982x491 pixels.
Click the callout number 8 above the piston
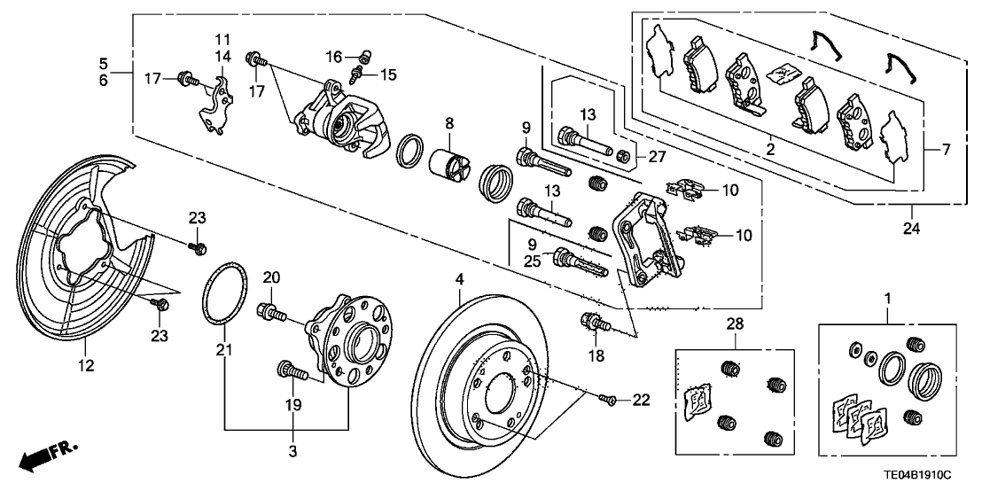point(449,123)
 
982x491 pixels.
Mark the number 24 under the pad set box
point(912,228)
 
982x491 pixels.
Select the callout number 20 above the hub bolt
point(271,277)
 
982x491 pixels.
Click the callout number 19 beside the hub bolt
point(292,403)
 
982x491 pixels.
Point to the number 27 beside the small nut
point(656,158)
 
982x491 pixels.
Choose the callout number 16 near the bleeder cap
point(332,56)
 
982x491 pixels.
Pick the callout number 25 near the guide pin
point(531,262)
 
